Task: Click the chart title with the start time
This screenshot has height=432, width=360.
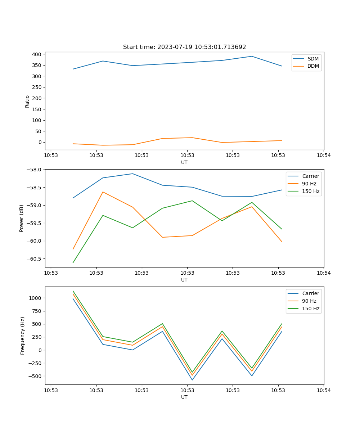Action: [x=184, y=47]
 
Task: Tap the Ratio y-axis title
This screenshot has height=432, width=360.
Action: [x=27, y=101]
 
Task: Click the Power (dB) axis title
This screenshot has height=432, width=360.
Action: [x=22, y=218]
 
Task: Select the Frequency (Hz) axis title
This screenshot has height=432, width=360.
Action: [x=23, y=336]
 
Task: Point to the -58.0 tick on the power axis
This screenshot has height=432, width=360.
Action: [x=35, y=170]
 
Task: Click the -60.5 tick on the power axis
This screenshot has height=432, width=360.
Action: [x=35, y=259]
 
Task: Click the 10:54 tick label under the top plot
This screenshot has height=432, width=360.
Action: [x=323, y=156]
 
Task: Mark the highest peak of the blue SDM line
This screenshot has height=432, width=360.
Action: [x=252, y=56]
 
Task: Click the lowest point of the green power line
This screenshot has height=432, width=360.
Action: [x=73, y=262]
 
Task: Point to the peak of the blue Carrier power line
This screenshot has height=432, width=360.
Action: [x=132, y=174]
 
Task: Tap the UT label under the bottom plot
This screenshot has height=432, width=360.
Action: [x=184, y=397]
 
